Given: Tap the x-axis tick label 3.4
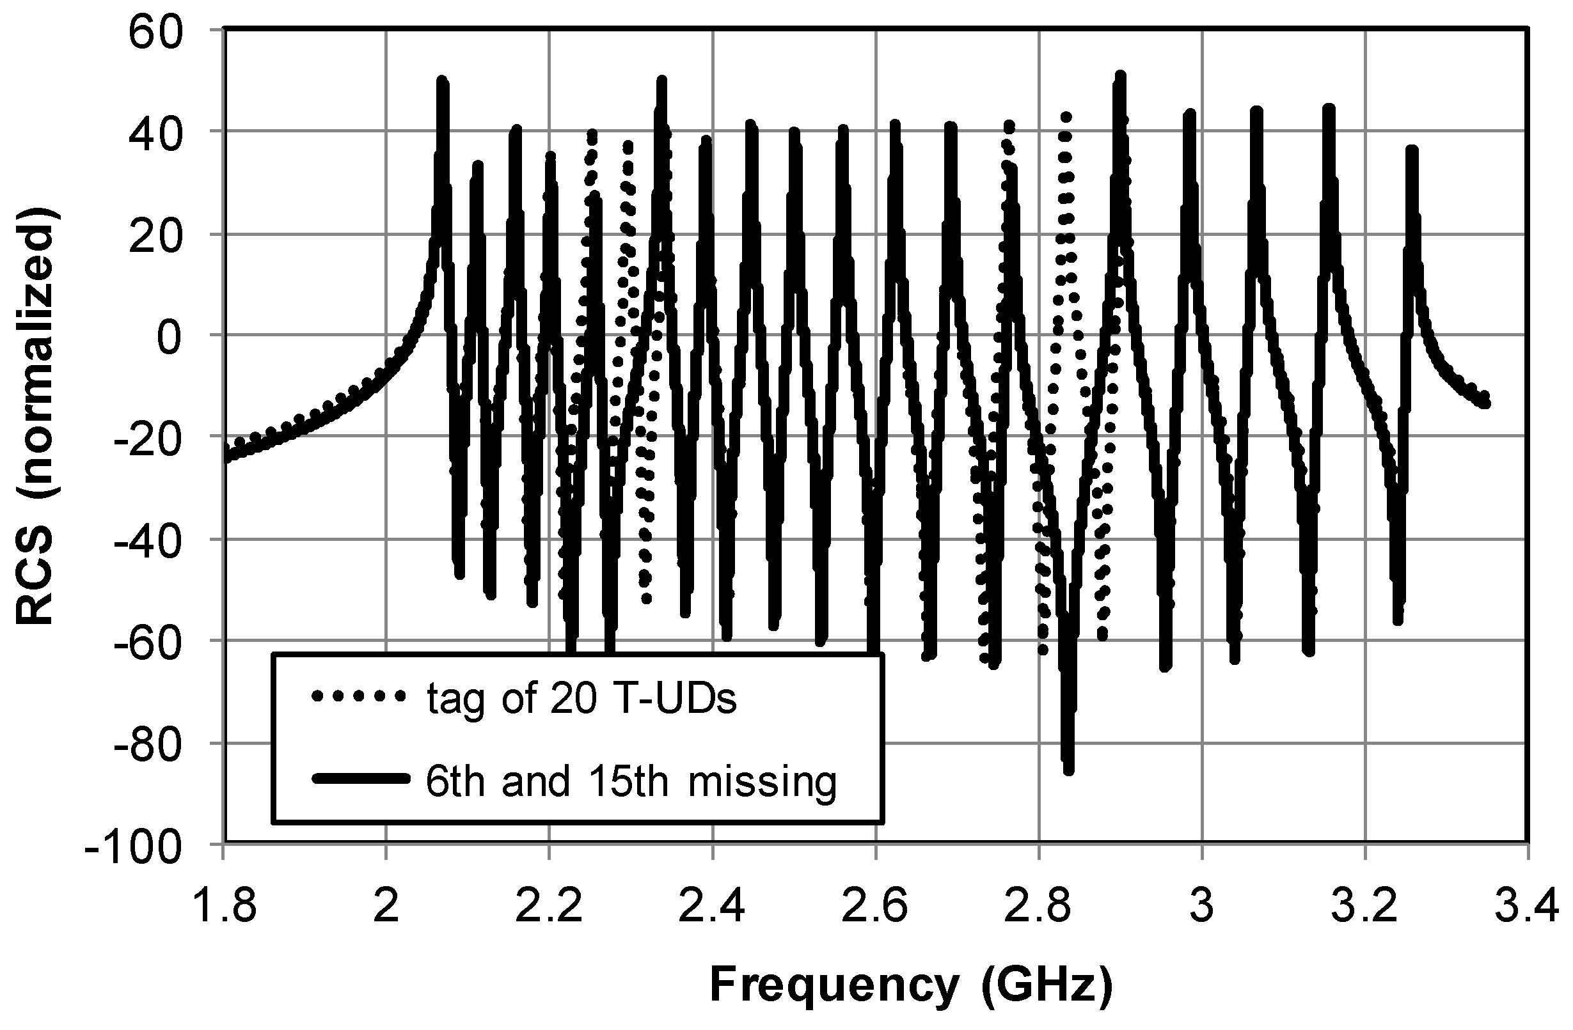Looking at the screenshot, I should pyautogui.click(x=1528, y=907).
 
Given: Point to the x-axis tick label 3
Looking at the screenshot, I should pyautogui.click(x=1202, y=907).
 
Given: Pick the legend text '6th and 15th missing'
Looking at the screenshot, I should pyautogui.click(x=631, y=781).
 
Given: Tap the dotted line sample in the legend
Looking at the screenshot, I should pyautogui.click(x=358, y=696).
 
